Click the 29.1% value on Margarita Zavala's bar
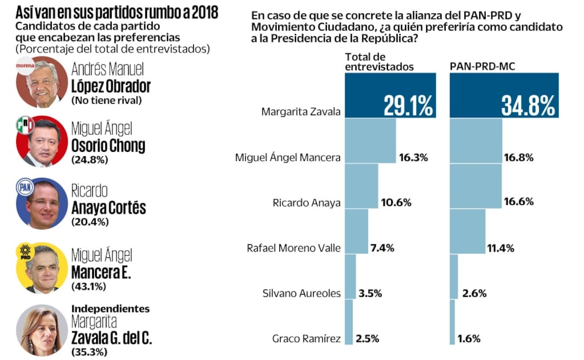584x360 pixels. (x=408, y=105)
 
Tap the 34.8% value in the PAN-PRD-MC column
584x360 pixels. (x=528, y=105)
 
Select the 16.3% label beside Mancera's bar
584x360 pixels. (x=413, y=158)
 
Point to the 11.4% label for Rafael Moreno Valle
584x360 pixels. (x=500, y=249)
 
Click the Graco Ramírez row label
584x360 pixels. (x=306, y=339)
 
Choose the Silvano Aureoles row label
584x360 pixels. (x=301, y=294)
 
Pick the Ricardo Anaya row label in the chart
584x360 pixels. (x=306, y=203)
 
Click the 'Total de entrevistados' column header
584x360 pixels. (x=379, y=62)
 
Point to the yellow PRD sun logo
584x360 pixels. (x=25, y=252)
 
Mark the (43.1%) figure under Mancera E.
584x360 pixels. (x=89, y=286)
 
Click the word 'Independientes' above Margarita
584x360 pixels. (x=110, y=309)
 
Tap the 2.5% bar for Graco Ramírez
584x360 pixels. (x=348, y=322)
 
